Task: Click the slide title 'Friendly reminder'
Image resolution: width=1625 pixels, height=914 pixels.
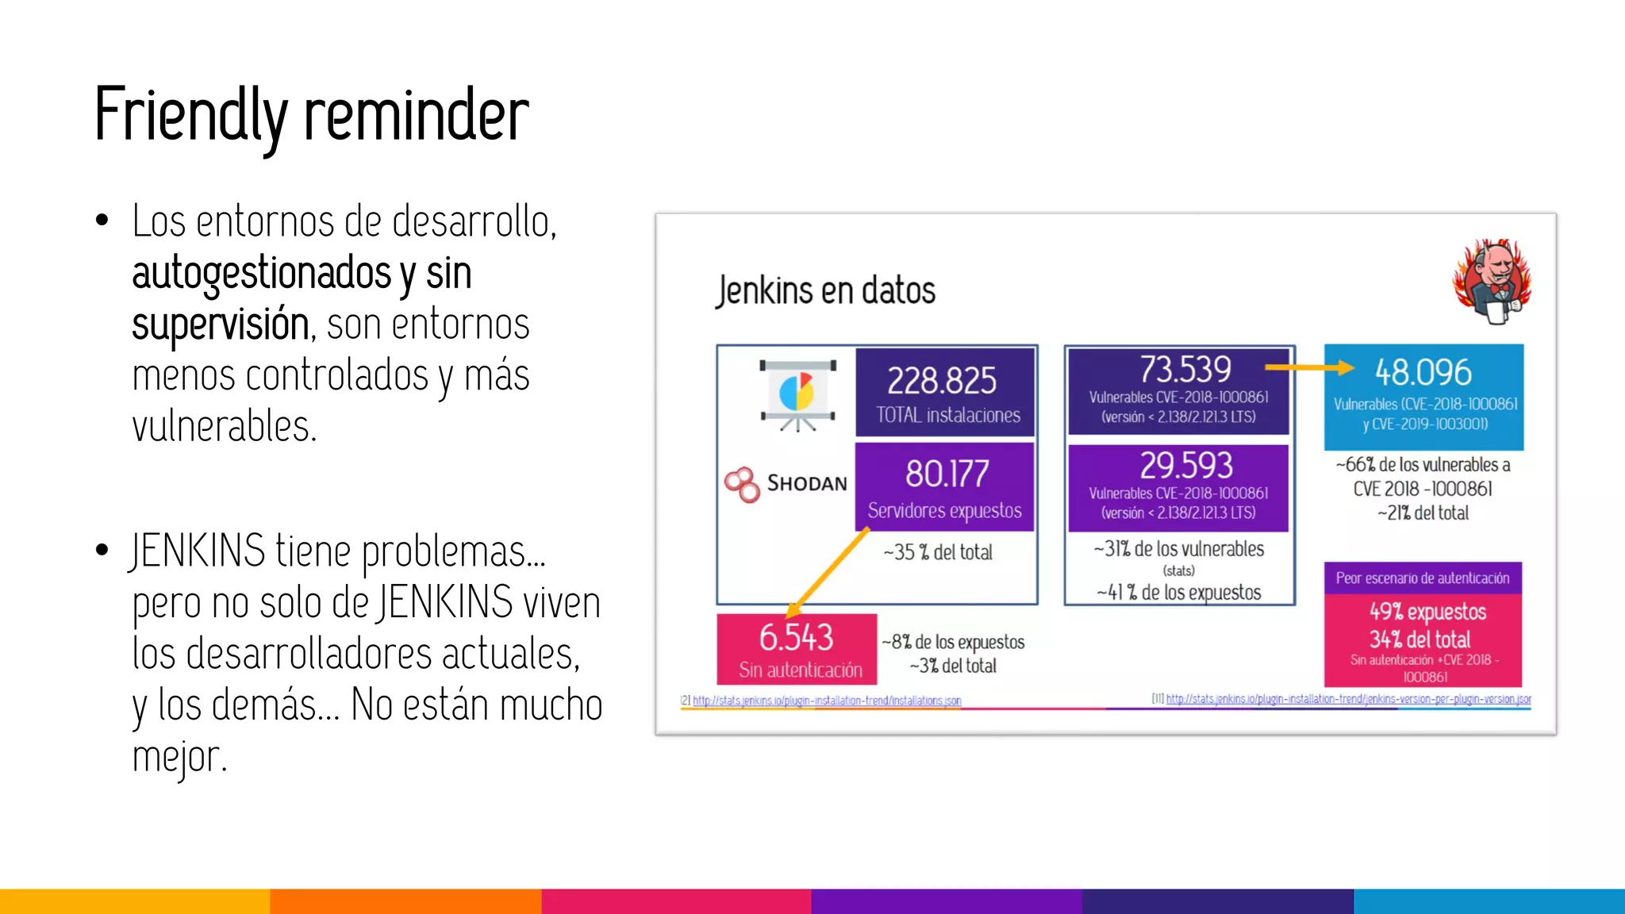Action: (x=311, y=115)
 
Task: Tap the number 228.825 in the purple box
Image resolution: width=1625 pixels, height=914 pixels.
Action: (x=942, y=381)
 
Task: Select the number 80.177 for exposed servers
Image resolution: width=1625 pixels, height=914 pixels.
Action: (x=947, y=474)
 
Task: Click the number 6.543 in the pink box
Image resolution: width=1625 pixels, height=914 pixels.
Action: (x=796, y=637)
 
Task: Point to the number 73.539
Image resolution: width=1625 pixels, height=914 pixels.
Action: (x=1185, y=369)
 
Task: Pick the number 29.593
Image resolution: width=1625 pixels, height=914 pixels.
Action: (x=1186, y=465)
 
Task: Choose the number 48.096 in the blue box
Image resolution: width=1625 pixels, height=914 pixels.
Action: (x=1423, y=372)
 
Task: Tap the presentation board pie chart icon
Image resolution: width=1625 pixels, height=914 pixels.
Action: (x=797, y=395)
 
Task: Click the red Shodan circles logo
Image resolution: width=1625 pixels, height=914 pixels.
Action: (x=743, y=484)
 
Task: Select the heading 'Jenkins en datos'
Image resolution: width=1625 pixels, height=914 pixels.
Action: (x=825, y=290)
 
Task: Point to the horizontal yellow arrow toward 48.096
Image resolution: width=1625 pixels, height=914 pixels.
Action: (x=1308, y=367)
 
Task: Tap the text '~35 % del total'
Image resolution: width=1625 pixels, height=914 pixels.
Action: (x=938, y=552)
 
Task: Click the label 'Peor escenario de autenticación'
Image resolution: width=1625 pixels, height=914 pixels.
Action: (x=1422, y=578)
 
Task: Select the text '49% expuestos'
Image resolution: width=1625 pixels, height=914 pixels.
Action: (x=1427, y=612)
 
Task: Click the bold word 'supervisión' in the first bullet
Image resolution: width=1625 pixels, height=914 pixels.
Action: (x=221, y=325)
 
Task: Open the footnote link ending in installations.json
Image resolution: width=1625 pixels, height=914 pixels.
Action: (x=826, y=701)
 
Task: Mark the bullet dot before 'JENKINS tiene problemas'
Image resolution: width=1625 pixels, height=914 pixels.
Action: (x=102, y=550)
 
